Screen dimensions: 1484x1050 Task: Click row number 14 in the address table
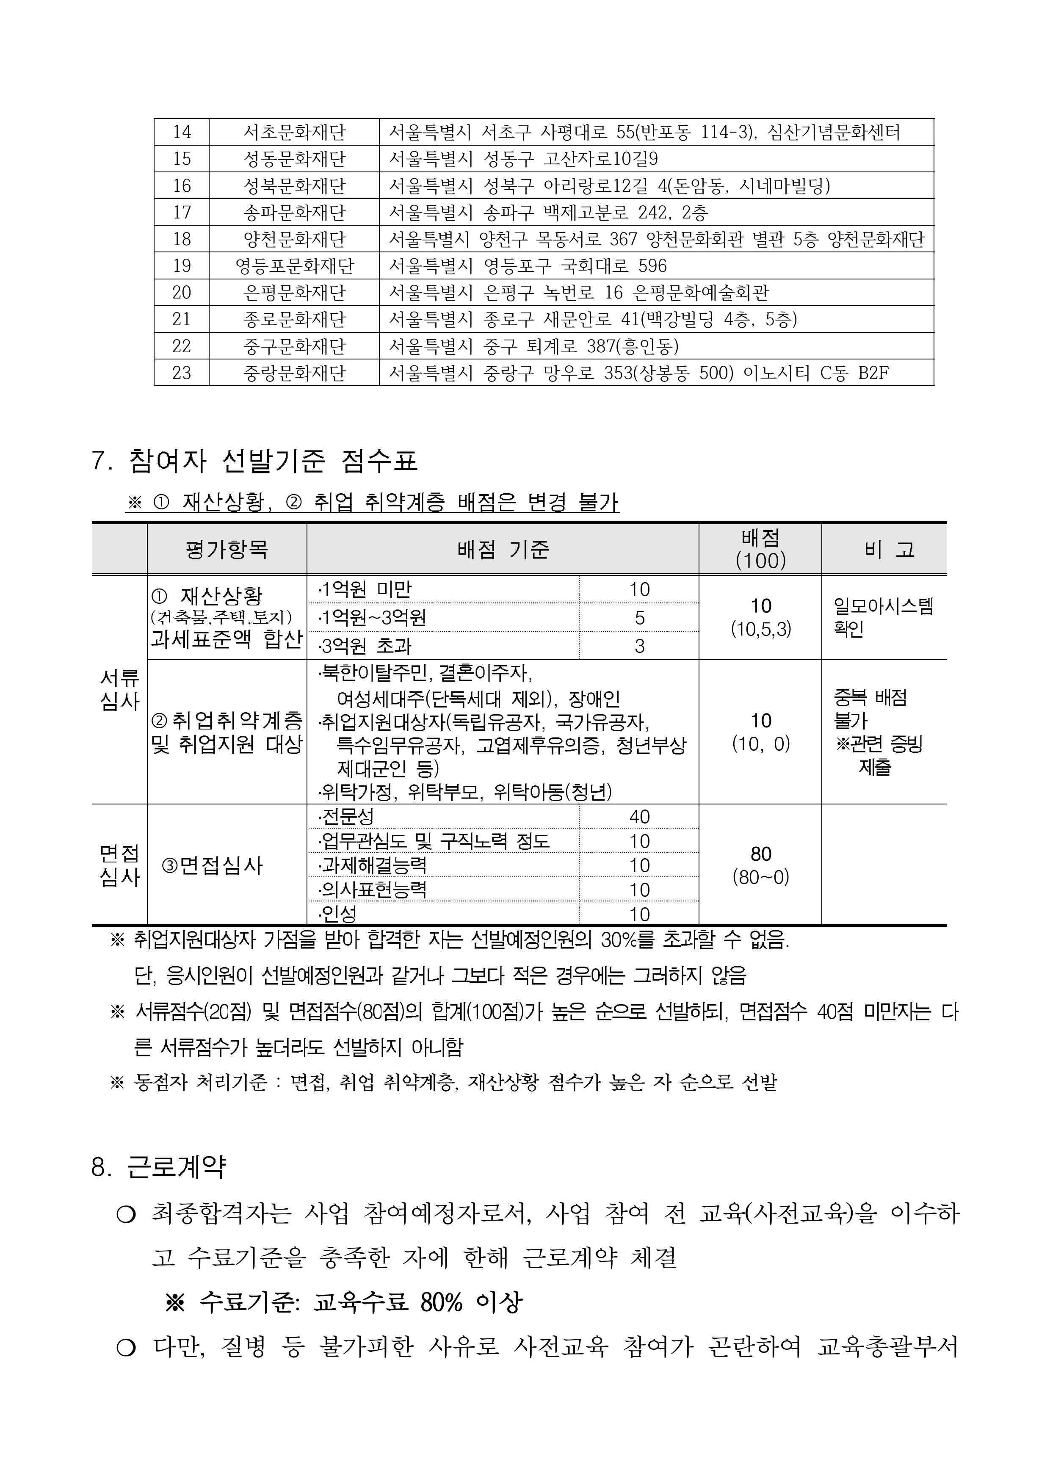182,132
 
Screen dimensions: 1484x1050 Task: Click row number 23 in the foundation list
182,373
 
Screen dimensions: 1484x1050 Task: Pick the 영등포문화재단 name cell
294,266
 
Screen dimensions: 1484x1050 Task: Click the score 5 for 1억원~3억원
639,618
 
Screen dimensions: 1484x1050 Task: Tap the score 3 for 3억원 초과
639,645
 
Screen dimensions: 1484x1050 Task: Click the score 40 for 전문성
639,817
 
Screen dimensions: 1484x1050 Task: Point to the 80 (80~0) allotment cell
760,865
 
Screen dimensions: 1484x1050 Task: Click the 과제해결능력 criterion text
374,865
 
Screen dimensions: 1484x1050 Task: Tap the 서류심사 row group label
120,689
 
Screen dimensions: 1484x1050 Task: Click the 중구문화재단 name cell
294,346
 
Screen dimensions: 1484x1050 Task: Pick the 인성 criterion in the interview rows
340,914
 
